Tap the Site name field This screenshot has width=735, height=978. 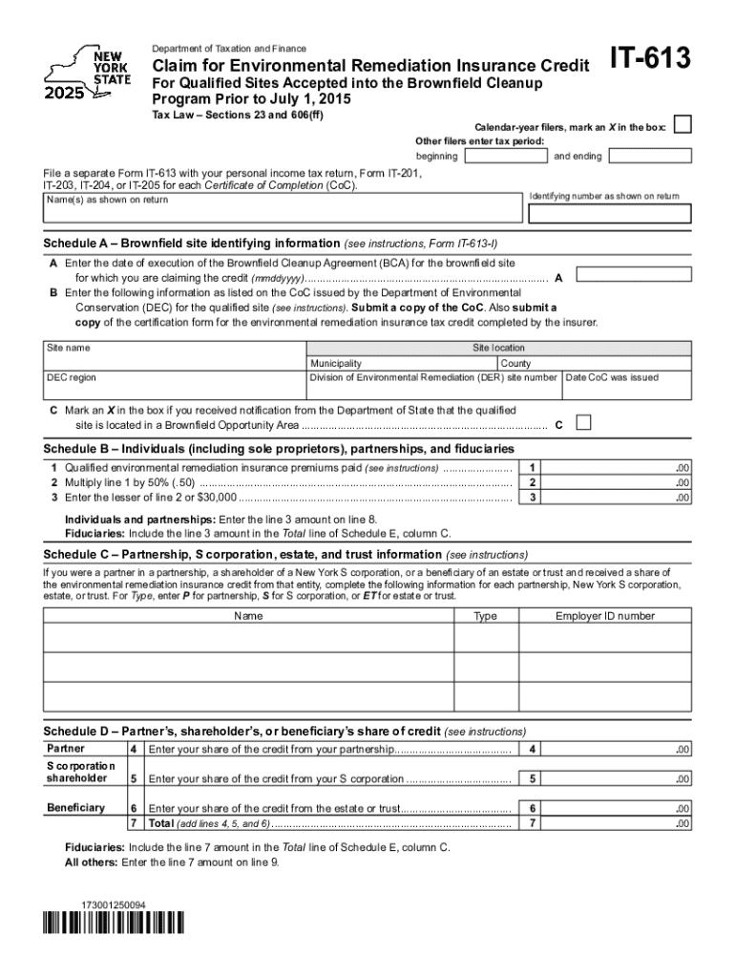point(174,355)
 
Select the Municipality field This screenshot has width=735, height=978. point(400,364)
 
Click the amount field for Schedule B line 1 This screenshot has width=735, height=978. point(617,468)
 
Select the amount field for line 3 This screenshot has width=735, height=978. point(617,497)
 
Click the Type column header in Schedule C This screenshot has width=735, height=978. point(485,616)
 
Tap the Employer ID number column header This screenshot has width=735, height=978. point(605,616)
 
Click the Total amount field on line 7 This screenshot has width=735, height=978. point(617,822)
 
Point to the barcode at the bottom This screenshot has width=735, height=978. point(113,923)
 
